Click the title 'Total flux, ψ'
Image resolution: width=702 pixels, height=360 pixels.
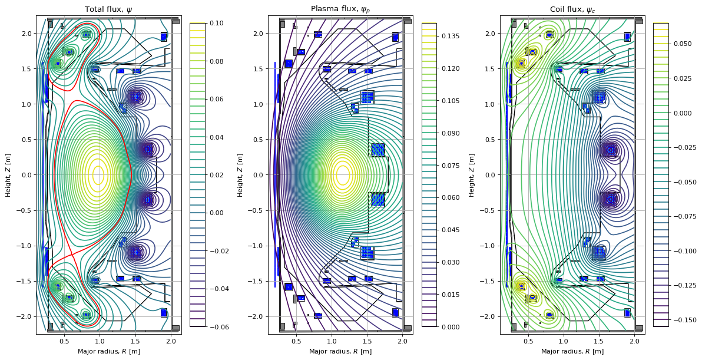[x=108, y=9]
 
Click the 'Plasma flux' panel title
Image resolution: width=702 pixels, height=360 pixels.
[x=340, y=9]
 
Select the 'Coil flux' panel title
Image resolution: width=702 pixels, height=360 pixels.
[x=572, y=9]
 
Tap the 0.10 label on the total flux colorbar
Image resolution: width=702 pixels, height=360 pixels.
[x=216, y=23]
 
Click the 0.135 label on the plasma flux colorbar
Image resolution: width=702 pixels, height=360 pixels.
[x=450, y=36]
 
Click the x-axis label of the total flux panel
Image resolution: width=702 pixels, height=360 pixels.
[x=108, y=351]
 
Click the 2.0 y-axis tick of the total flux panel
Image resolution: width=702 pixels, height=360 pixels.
[x=26, y=34]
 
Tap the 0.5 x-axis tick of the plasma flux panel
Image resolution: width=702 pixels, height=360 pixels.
[x=296, y=341]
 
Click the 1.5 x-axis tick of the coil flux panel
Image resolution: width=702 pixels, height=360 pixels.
[x=599, y=341]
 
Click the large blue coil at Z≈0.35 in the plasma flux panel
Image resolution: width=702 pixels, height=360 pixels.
[x=378, y=150]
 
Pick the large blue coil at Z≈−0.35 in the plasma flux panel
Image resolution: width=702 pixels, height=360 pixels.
[x=378, y=200]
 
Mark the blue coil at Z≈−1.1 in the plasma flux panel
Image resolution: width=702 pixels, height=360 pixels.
[x=367, y=253]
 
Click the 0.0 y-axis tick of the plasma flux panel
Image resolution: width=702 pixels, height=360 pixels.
[x=258, y=175]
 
